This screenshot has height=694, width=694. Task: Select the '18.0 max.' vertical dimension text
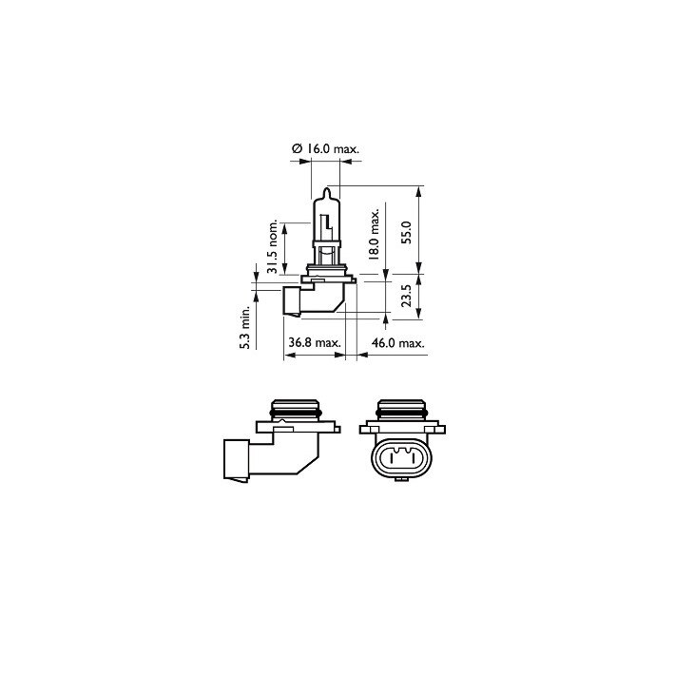(375, 235)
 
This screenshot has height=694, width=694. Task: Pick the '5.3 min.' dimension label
(244, 328)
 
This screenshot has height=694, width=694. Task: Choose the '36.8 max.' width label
(314, 342)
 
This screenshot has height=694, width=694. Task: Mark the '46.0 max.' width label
(397, 342)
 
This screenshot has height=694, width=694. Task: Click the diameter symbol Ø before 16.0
(298, 148)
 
